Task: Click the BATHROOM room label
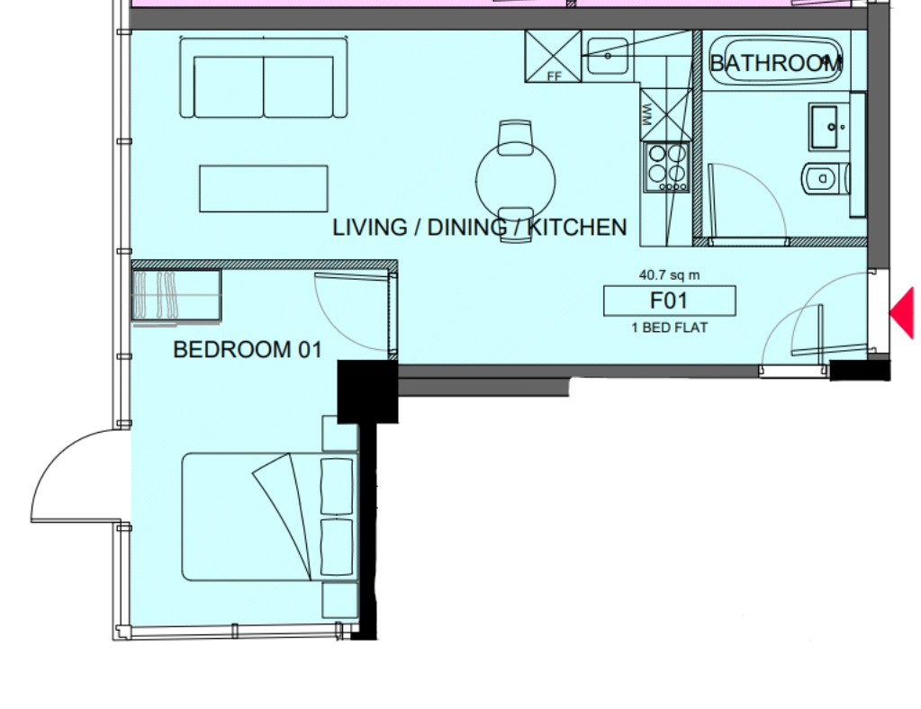(776, 63)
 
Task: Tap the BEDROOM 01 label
(248, 350)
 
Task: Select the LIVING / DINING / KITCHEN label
(479, 227)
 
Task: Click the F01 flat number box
(670, 301)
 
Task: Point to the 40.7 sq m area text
(669, 274)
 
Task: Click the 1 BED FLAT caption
(670, 328)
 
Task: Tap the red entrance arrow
(903, 313)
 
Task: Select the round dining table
(516, 181)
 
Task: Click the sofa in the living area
(264, 77)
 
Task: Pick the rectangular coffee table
(264, 188)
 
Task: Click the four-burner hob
(667, 168)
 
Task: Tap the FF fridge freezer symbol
(553, 57)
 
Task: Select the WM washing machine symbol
(666, 114)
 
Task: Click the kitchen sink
(608, 56)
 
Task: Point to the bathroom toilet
(826, 178)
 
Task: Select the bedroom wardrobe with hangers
(176, 295)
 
